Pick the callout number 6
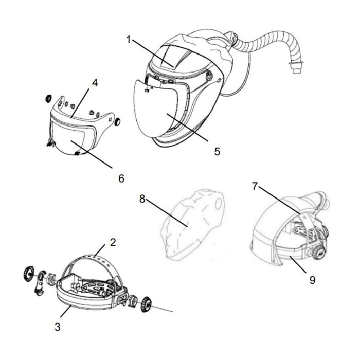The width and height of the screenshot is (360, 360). coord(122,178)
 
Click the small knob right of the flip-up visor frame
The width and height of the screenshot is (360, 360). coord(117,122)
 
